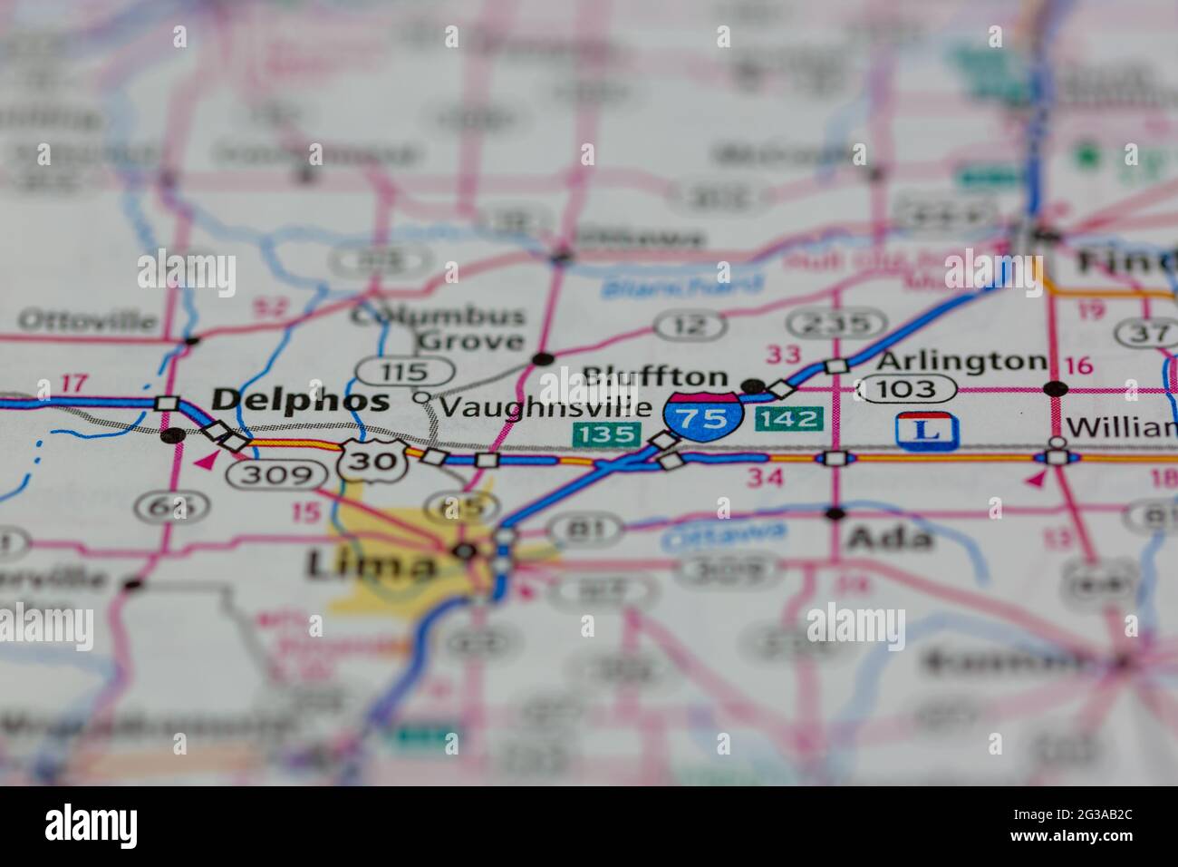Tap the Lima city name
coord(371,565)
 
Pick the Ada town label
coord(889,538)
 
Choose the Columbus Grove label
coord(439,328)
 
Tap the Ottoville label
coord(87,320)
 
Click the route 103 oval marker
coord(907,389)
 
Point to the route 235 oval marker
coord(835,323)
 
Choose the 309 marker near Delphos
coord(276,473)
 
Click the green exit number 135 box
coord(604,433)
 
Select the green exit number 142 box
coord(788,418)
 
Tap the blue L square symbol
coord(926,430)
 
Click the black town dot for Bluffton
coord(752,386)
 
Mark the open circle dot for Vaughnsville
coord(420,396)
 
